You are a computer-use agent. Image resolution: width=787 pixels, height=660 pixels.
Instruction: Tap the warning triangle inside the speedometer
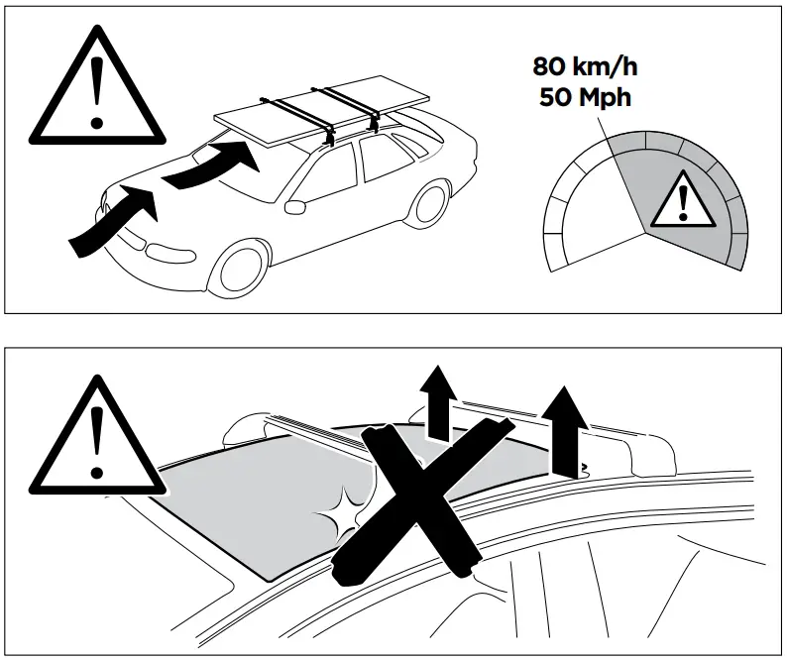(x=681, y=197)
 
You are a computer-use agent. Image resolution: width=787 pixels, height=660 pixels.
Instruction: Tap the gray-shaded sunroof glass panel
(x=238, y=505)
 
